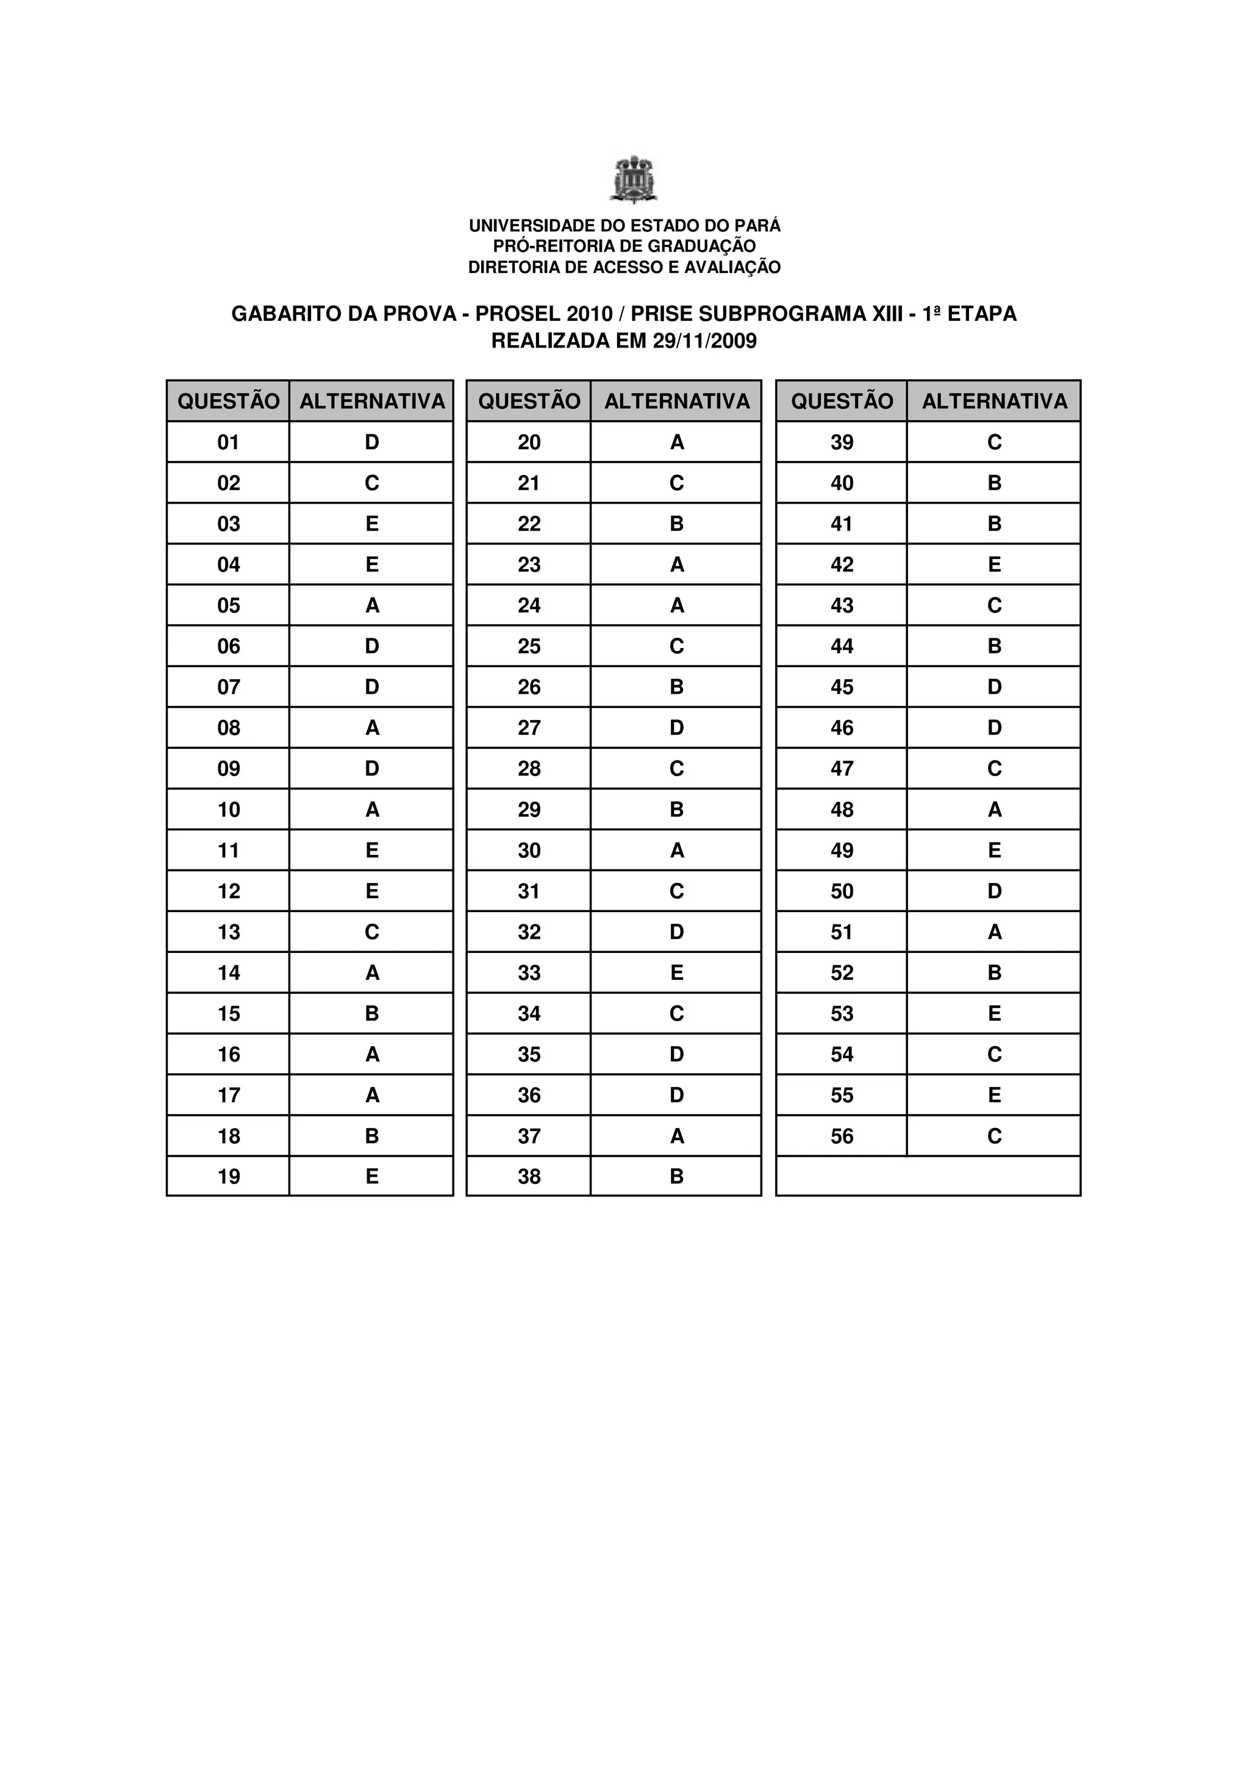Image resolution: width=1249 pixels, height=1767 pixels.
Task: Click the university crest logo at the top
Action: tap(634, 179)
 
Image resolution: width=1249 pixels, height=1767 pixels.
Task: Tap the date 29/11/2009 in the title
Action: tap(704, 341)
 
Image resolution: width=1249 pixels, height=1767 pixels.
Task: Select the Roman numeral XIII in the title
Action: tap(886, 314)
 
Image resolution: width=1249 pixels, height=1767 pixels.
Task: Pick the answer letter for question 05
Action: tap(371, 605)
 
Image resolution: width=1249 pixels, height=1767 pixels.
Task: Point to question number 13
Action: tap(229, 932)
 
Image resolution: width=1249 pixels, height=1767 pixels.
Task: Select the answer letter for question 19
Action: tap(371, 1176)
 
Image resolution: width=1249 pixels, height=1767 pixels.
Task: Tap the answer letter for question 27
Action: tap(676, 728)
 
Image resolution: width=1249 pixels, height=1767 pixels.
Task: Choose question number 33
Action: tap(529, 973)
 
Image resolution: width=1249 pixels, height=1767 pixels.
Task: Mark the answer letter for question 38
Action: tap(676, 1176)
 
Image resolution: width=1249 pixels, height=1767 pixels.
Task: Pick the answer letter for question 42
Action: tap(994, 565)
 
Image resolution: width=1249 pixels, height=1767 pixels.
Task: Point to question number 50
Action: tap(842, 891)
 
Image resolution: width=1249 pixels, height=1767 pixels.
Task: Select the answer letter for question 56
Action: tap(994, 1136)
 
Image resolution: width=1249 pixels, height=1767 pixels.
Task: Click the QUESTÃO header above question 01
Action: tap(229, 401)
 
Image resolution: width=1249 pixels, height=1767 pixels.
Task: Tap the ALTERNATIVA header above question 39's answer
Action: tap(994, 401)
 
